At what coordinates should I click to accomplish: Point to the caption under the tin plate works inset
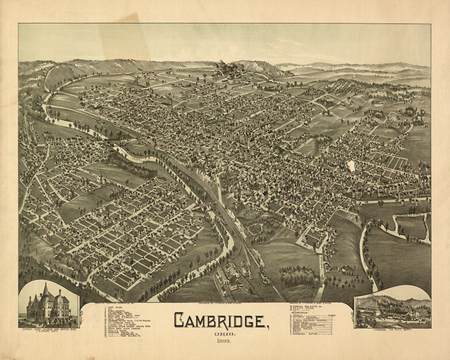(392, 330)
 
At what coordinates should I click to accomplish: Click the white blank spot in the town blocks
(351, 166)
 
